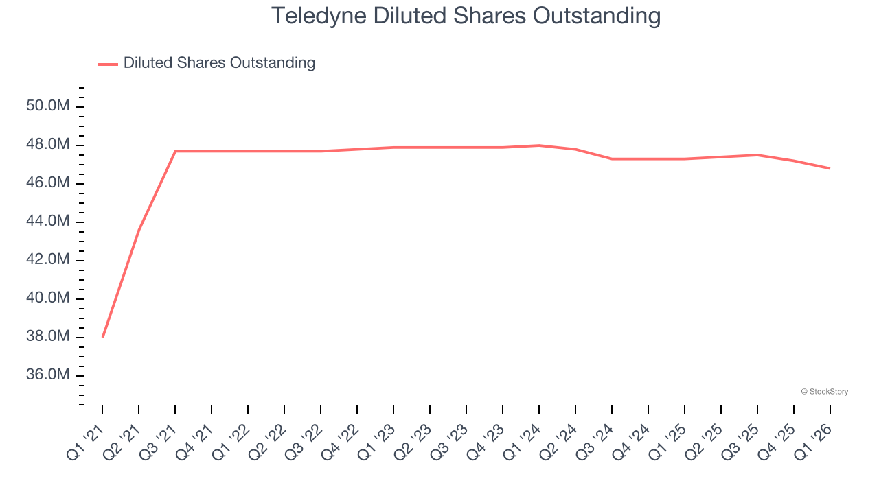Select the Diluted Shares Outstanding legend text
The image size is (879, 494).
(219, 63)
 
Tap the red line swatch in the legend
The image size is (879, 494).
(108, 64)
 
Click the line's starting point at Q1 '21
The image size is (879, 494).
(102, 337)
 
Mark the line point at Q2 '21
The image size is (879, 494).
(139, 230)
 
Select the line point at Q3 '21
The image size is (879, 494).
(175, 151)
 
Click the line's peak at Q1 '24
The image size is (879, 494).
(539, 145)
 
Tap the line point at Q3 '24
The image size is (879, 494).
(612, 158)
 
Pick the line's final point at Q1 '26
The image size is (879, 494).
(830, 168)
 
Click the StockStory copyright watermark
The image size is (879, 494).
(824, 392)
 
